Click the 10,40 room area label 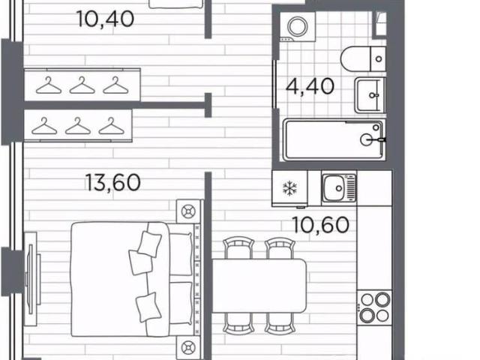106,19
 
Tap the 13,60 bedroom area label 113,183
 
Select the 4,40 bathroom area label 310,87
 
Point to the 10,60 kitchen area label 321,225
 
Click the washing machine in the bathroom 298,27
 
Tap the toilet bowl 363,59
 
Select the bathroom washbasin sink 370,95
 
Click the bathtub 334,139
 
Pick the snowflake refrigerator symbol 289,188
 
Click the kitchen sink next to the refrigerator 339,188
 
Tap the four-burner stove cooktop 374,307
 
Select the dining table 259,286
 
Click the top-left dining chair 238,248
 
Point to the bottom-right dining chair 280,324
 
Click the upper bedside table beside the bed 187,211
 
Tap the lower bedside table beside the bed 187,348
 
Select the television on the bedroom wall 31,278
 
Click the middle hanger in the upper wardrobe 82,85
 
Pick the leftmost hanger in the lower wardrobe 44,126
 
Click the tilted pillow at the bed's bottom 148,307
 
